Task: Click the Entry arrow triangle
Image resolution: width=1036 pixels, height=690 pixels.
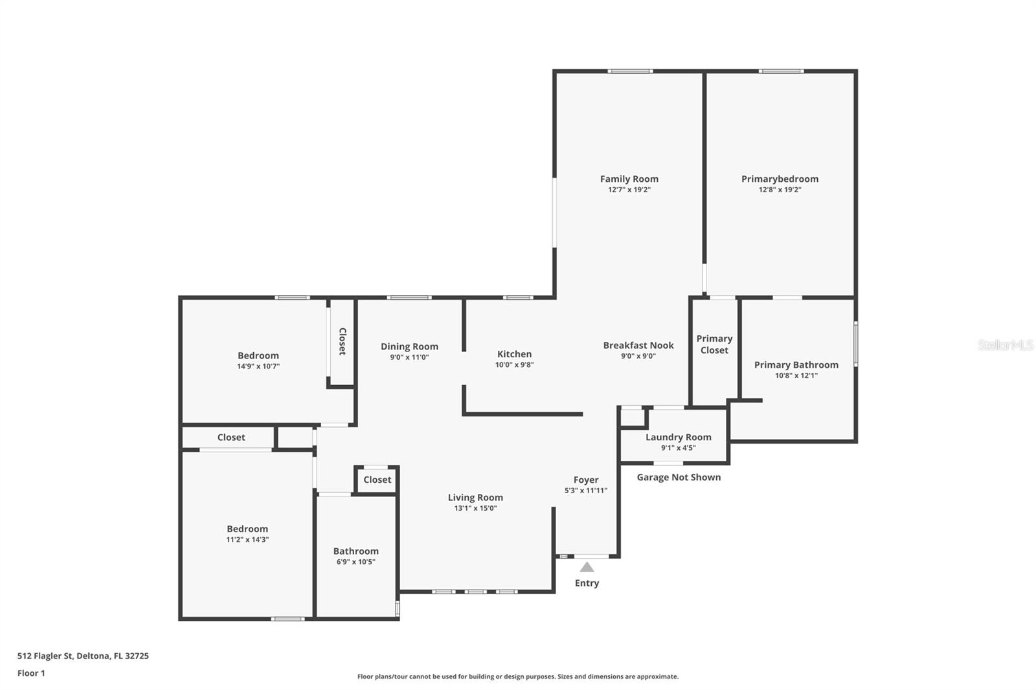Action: coord(587,567)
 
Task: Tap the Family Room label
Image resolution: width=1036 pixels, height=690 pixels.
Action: coord(629,179)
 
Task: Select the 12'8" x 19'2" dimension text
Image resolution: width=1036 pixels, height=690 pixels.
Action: coord(780,190)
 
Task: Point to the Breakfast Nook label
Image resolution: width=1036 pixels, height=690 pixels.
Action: coord(638,346)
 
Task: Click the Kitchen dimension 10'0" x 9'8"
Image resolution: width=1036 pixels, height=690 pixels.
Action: coord(514,364)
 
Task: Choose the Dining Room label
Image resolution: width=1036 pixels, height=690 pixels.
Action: coord(409,346)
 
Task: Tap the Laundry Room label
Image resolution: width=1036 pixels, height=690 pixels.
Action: coord(679,437)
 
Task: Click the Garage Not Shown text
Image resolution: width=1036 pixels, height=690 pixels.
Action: coord(679,477)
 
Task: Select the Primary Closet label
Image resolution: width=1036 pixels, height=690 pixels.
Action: coord(714,344)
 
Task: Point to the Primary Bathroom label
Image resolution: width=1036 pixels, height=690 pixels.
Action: coord(796,365)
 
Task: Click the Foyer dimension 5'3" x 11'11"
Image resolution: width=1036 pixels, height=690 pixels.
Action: coord(586,490)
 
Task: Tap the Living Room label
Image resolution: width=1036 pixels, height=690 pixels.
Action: coord(475,498)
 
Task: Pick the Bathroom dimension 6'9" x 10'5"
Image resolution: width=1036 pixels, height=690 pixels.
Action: coord(355,562)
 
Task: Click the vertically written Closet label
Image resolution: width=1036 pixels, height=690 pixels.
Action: coord(343,341)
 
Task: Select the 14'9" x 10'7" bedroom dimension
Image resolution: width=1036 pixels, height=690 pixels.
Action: coord(258,366)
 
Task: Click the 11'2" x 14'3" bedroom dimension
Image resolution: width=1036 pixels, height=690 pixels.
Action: coord(247,539)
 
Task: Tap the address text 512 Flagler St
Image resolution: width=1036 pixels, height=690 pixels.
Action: coord(45,656)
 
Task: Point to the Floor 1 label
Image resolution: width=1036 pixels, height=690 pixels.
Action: coord(32,673)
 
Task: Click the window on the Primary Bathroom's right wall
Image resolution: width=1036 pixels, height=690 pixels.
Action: coord(855,344)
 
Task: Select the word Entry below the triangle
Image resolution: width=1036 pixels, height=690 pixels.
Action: coord(587,583)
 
